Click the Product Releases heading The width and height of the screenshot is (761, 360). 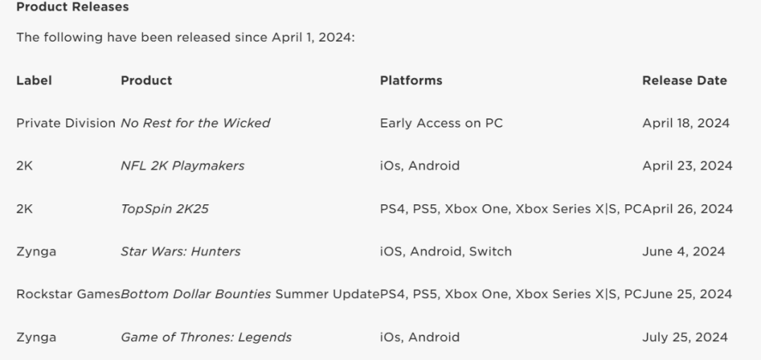click(73, 7)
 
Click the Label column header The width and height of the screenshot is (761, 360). click(34, 80)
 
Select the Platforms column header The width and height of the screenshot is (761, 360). click(411, 80)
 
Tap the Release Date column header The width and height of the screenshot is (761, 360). click(685, 80)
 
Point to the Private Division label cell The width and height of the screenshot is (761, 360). click(66, 123)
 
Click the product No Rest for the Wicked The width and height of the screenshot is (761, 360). click(195, 123)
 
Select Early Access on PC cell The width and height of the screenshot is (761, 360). click(441, 123)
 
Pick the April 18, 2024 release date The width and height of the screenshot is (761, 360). click(686, 123)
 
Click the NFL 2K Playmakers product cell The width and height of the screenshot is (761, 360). click(182, 166)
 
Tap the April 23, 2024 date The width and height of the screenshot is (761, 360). click(687, 166)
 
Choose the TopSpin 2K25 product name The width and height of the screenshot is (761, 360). click(164, 209)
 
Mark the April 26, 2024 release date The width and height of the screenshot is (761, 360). click(688, 209)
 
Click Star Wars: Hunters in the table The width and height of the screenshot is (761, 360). click(180, 252)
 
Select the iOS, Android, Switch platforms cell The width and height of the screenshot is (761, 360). click(446, 252)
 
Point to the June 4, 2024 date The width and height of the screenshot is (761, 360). click(683, 252)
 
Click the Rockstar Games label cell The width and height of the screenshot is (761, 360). click(68, 294)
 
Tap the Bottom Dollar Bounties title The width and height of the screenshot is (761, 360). click(196, 294)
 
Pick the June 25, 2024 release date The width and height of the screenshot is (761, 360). click(687, 294)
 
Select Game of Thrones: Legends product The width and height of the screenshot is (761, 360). click(206, 337)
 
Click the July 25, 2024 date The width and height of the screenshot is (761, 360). click(685, 337)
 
